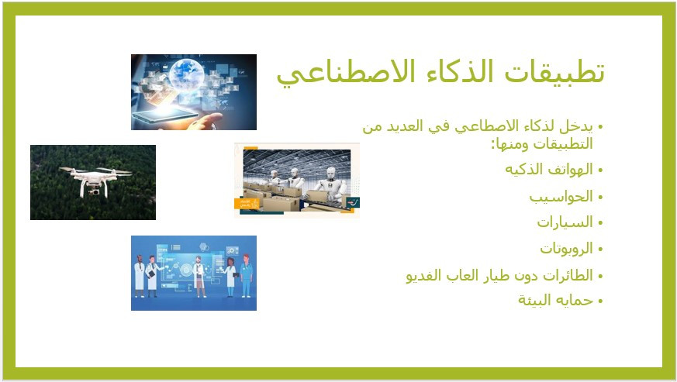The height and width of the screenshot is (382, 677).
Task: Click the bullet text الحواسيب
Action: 561,198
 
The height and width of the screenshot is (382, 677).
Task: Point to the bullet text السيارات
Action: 565,222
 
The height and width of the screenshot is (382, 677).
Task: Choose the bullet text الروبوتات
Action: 566,249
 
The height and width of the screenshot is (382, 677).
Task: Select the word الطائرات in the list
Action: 568,275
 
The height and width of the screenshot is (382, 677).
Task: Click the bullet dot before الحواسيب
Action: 600,198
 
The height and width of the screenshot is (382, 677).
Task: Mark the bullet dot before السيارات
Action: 600,223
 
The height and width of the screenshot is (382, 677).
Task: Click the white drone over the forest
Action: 95,179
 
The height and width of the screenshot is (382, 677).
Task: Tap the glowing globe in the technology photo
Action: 187,74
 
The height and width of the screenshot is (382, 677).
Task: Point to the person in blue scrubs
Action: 246,276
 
